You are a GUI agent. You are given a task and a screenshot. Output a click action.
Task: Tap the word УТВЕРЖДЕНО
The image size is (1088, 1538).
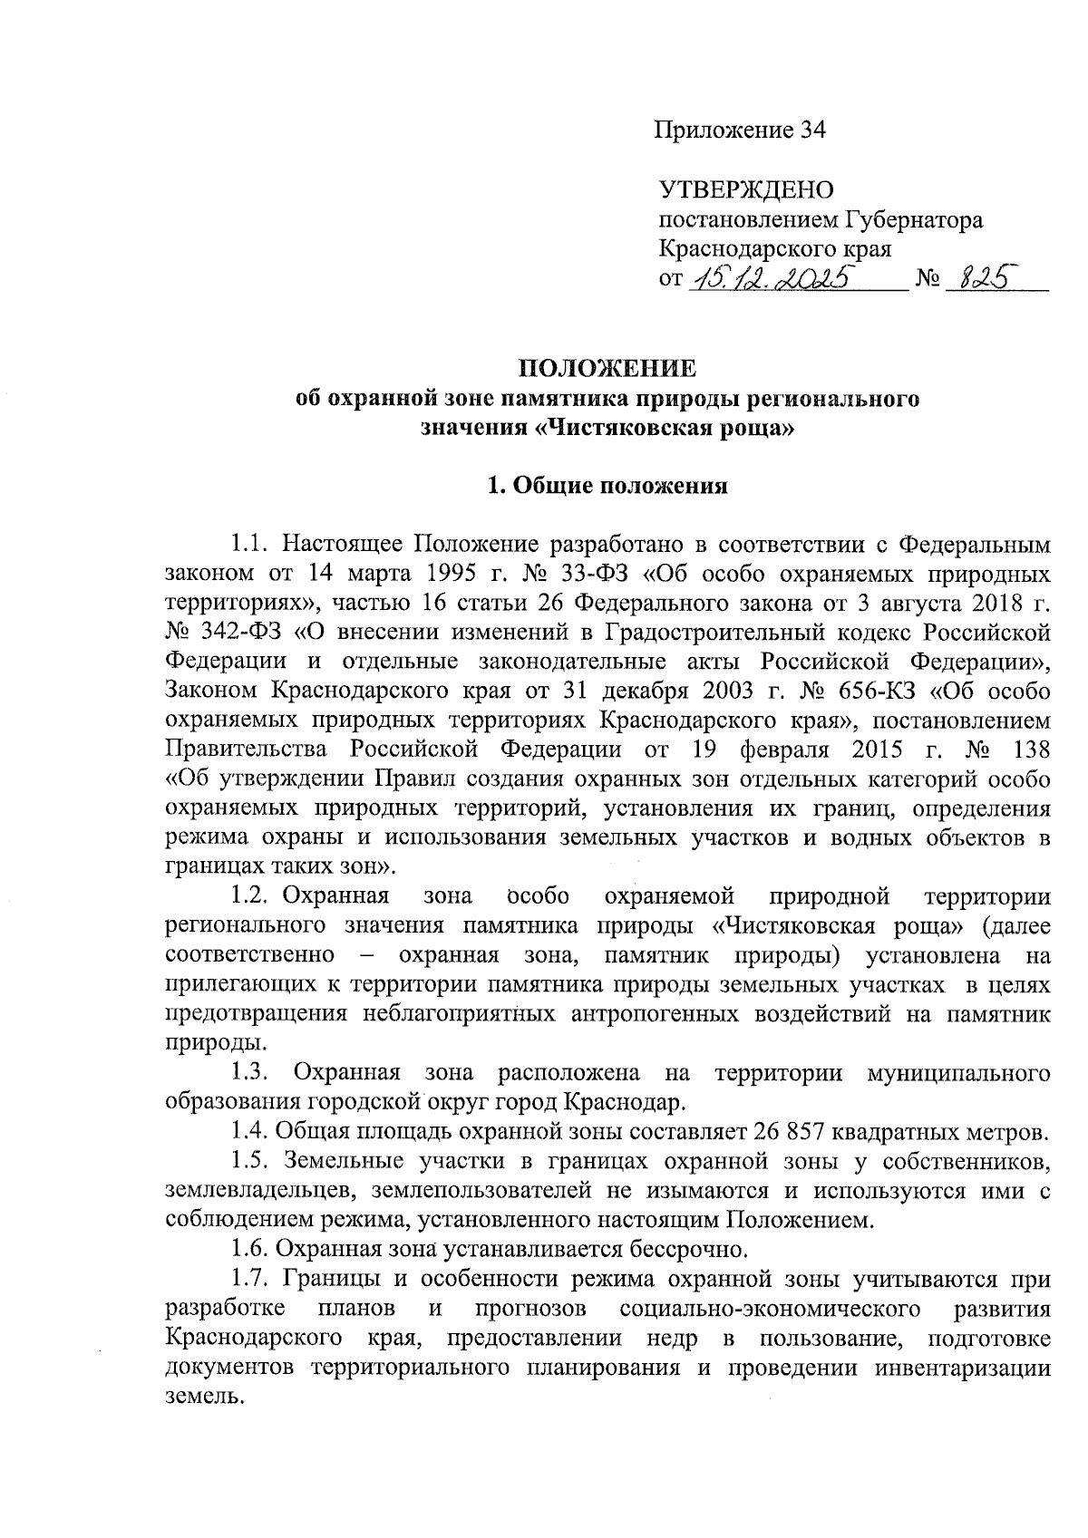coord(745,190)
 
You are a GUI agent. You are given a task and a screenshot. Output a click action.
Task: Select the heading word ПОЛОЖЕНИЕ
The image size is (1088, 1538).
coord(607,370)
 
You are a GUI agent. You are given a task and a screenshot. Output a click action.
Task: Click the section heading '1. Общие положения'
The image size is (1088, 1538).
coord(607,486)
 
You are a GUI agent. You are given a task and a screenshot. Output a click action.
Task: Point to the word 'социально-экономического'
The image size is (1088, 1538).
coord(772,1310)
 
